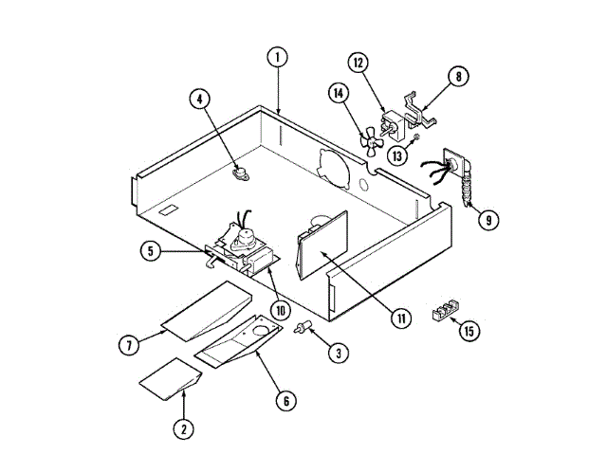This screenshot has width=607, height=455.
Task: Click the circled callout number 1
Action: click(276, 57)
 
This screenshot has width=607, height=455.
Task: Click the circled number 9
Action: click(487, 220)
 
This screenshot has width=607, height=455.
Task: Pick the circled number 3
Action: click(337, 353)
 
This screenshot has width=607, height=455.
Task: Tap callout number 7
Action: click(129, 343)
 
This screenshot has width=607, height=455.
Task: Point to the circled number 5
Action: click(151, 251)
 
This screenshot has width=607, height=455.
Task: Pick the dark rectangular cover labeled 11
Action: click(321, 248)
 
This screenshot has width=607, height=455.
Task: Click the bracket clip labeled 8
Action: click(417, 112)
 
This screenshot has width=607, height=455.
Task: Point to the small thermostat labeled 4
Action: click(239, 172)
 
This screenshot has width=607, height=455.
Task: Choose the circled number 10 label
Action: click(280, 308)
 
